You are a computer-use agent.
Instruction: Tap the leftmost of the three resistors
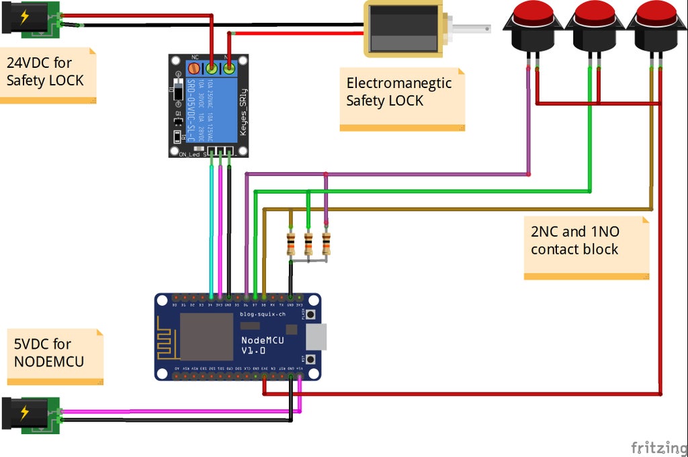point(290,243)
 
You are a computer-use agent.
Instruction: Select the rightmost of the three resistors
point(326,243)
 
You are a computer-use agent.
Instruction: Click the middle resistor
point(308,243)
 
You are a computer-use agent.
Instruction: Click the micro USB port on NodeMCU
point(317,336)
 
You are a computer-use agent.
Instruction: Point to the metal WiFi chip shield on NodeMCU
point(206,336)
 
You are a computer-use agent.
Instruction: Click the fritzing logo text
point(657,446)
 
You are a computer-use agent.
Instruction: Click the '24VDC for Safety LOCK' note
point(46,75)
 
